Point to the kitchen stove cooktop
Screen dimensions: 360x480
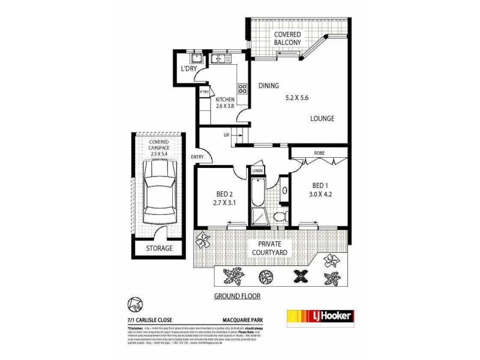tap(243, 90)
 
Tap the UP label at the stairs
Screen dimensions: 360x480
tap(226, 135)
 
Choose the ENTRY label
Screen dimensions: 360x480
tap(197, 158)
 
